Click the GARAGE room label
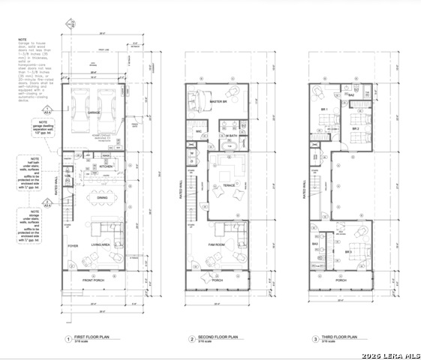[95, 112]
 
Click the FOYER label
[74, 244]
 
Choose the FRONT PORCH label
[97, 281]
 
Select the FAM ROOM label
[217, 244]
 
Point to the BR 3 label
[348, 252]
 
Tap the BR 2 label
[356, 129]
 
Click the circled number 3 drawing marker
[314, 339]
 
